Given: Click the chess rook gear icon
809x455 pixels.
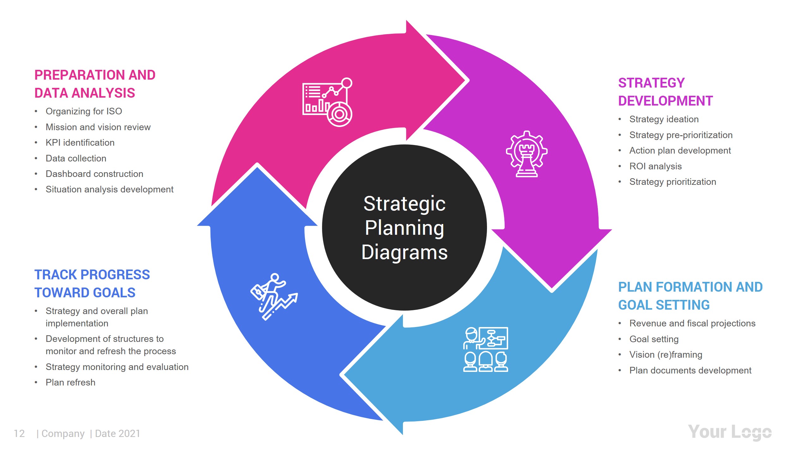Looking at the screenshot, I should point(526,154).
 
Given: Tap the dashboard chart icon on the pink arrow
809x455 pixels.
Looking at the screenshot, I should point(327,102).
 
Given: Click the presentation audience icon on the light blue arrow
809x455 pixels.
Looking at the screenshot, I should point(485,349).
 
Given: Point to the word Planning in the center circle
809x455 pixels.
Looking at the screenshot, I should point(404,228).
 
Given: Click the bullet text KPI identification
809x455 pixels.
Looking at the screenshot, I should point(80,143).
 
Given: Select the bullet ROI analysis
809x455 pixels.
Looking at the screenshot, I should point(655,166).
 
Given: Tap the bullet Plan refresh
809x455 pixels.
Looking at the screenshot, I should point(70,382).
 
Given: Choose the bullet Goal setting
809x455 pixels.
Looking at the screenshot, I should point(654,339).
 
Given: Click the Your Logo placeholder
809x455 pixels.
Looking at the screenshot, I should point(730,432).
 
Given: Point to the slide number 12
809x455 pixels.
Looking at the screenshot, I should point(19,434).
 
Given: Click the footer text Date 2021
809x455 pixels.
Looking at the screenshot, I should point(117,434).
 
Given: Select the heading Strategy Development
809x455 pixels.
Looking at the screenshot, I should point(665,92).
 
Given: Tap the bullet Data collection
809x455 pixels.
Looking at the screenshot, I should point(76,158).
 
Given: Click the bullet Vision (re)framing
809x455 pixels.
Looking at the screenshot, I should point(666,355).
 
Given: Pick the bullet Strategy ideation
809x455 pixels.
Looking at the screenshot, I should point(664,119).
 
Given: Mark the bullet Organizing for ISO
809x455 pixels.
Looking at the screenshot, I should point(84,111).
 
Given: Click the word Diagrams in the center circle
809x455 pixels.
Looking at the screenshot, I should point(404,252).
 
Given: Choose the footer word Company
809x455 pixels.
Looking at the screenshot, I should point(63,434).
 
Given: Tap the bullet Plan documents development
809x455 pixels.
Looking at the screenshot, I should point(690,370).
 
